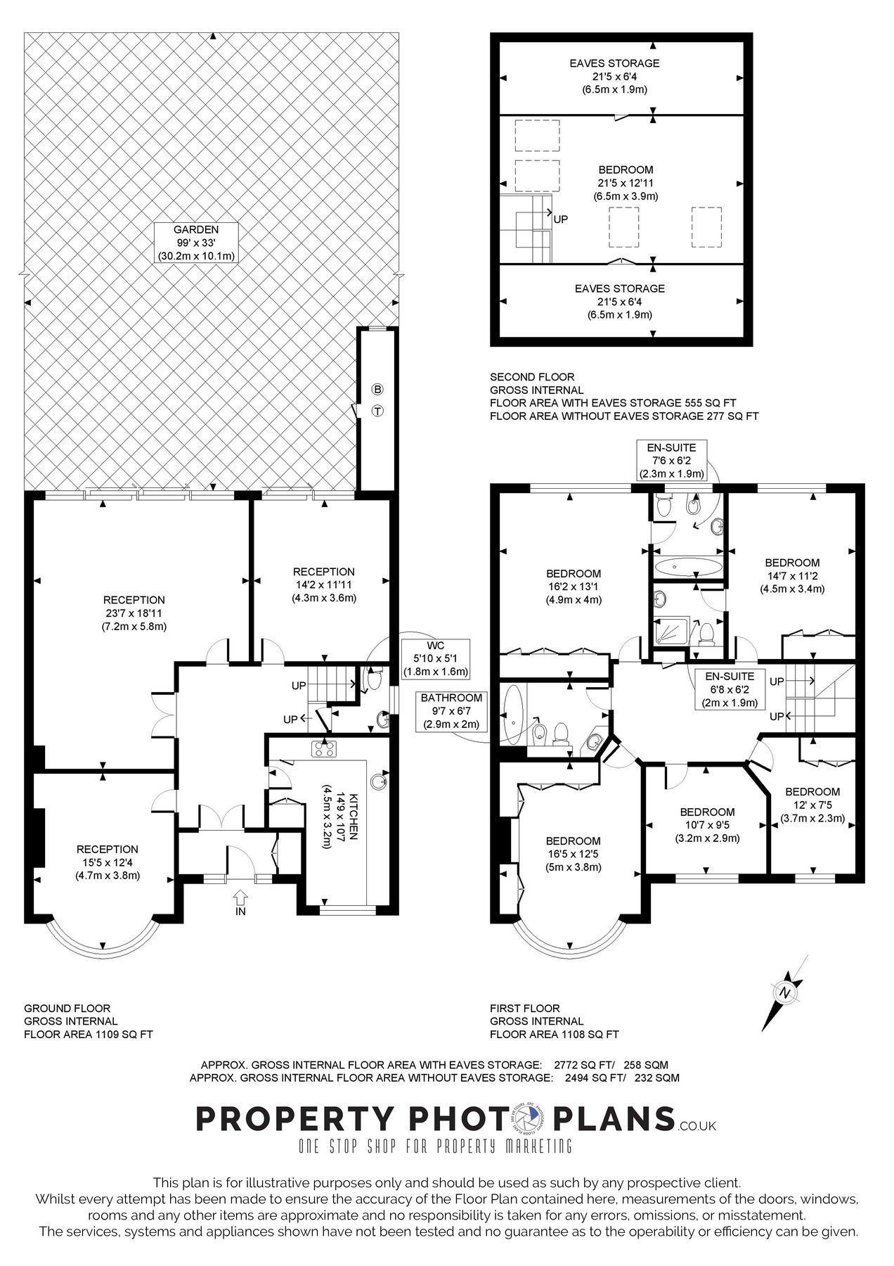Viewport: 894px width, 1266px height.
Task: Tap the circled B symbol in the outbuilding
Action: pos(377,390)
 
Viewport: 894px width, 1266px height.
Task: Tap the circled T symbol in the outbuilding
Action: pos(377,411)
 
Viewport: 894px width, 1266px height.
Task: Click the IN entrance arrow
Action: pos(240,897)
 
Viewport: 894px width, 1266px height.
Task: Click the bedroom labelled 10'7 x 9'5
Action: pos(707,824)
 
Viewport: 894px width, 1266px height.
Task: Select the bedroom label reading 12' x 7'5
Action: pos(812,805)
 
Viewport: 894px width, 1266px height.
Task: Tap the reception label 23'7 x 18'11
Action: pos(134,613)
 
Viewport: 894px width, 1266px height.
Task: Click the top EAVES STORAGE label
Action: pos(614,76)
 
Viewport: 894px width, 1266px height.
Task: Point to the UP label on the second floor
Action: pos(561,219)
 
